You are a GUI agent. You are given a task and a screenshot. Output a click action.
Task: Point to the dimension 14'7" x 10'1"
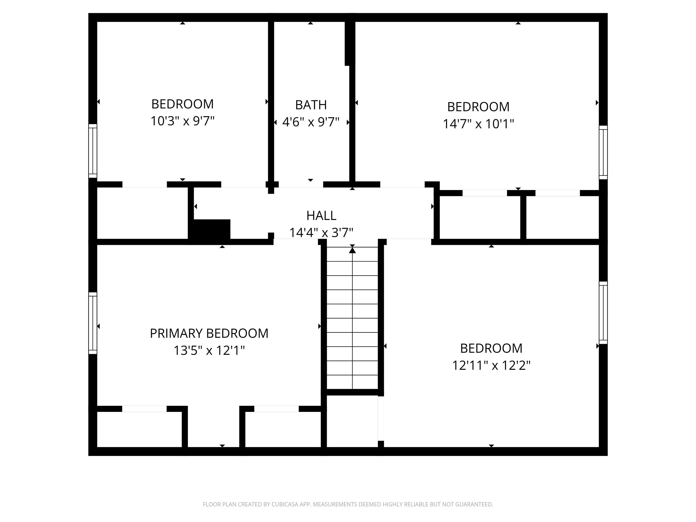(x=478, y=124)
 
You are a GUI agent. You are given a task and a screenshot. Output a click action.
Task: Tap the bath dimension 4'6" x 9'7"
(x=311, y=122)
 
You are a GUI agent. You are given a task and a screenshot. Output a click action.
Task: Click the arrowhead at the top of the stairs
(x=352, y=250)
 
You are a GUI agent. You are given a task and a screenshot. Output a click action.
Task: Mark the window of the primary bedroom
(x=93, y=323)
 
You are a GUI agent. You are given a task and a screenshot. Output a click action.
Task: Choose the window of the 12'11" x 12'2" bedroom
(x=603, y=313)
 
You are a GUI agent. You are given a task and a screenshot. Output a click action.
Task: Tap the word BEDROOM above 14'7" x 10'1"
(x=478, y=107)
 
